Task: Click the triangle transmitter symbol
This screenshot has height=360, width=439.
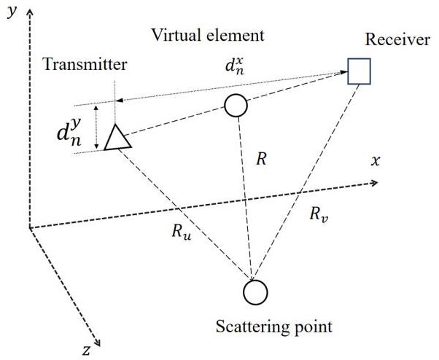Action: point(117,138)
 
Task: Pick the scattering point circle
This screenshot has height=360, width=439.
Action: point(255,293)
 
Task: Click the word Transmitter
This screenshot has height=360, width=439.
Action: point(85,64)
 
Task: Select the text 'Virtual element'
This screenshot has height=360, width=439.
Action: point(206,35)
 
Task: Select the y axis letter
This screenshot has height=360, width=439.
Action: point(12,12)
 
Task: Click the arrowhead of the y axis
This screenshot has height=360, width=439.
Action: point(29,9)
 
